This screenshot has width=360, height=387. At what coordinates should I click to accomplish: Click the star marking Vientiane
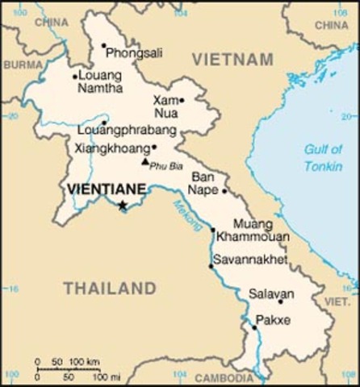123,206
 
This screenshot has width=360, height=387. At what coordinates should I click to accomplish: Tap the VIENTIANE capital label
107,189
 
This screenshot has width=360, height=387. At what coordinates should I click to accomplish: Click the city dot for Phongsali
103,46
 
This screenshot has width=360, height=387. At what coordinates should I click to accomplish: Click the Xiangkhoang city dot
153,148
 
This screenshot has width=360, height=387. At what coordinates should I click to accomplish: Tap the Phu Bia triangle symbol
145,161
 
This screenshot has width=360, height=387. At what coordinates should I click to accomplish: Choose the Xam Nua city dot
182,101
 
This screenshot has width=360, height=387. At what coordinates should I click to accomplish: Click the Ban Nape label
205,183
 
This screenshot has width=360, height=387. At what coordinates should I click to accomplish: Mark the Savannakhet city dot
211,266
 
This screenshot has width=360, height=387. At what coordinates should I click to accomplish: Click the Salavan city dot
281,302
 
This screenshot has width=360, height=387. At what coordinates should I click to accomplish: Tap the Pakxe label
273,320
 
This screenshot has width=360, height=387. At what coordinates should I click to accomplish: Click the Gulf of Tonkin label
323,157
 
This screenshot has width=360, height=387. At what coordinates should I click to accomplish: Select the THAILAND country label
110,288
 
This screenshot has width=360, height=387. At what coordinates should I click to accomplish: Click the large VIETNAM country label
232,59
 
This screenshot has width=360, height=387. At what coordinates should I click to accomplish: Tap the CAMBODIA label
224,377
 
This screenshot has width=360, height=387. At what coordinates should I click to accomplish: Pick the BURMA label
22,64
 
